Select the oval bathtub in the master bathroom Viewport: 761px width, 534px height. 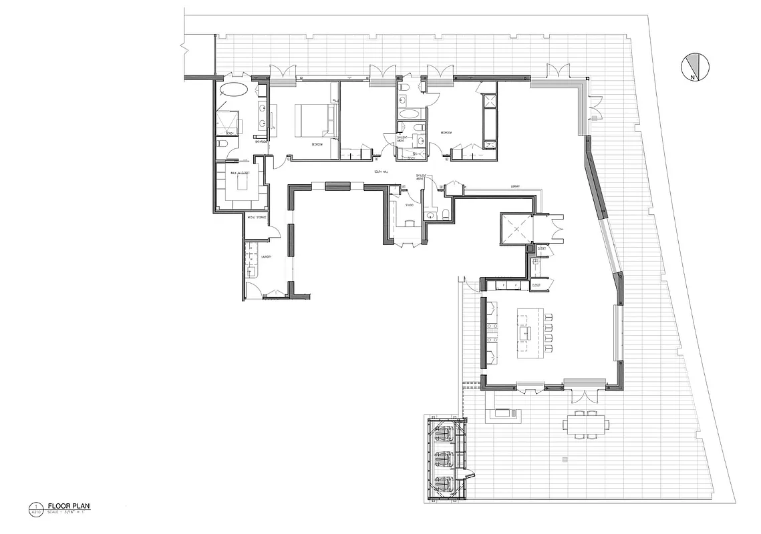coord(234,91)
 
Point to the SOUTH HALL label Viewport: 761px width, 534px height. coord(382,171)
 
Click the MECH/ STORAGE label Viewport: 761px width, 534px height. coord(257,218)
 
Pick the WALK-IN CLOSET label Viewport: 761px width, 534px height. coord(240,173)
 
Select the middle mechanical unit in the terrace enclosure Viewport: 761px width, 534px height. coord(442,459)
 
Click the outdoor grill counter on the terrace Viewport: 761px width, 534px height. coord(504,414)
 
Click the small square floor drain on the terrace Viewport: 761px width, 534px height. coord(565,459)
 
